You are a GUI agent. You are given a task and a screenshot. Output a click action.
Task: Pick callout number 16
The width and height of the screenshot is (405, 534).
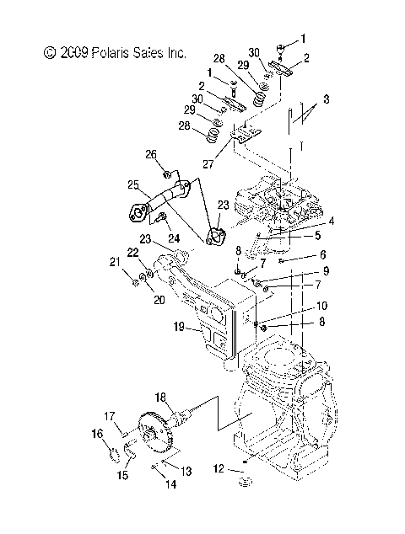tap(98, 434)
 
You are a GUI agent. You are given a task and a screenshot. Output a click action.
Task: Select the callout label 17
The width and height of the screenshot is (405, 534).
tap(110, 415)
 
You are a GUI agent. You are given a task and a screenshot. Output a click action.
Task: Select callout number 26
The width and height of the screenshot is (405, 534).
tap(152, 154)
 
